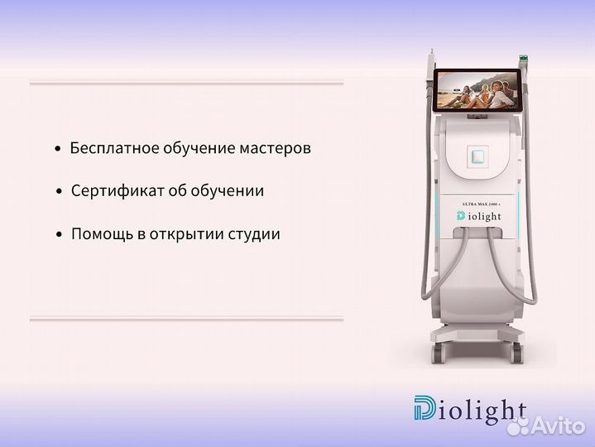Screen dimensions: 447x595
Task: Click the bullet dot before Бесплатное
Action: (x=57, y=150)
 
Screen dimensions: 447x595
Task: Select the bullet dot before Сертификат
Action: (x=59, y=192)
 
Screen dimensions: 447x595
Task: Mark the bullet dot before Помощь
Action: (x=59, y=235)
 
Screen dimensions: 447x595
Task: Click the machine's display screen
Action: (x=476, y=90)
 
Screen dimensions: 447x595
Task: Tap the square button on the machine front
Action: (x=476, y=155)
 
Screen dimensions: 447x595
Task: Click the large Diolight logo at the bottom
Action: (x=469, y=410)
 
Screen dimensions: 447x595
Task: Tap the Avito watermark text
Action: (x=559, y=428)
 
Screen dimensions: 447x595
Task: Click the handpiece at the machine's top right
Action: (x=522, y=62)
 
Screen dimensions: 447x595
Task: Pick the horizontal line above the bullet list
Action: (x=186, y=83)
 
